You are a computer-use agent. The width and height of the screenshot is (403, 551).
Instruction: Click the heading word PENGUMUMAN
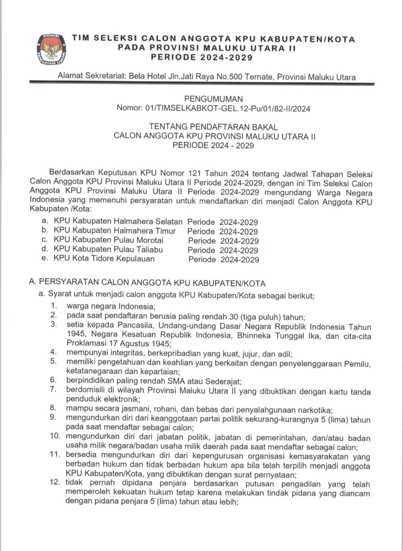pos(213,99)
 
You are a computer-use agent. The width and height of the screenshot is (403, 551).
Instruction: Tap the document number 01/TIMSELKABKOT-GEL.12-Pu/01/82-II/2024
pos(228,109)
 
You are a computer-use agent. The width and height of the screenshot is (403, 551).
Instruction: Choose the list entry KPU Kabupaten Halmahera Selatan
pos(118,222)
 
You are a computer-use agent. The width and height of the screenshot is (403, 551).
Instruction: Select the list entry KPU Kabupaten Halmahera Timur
pos(115,231)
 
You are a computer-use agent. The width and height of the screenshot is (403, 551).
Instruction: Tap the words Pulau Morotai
pos(140,240)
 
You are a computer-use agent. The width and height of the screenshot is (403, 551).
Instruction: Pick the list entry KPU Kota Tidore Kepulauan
pos(104,259)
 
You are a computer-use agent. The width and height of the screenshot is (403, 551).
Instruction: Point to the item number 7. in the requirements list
pos(53,389)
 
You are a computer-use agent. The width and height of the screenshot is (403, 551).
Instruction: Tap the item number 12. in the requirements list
pos(55,482)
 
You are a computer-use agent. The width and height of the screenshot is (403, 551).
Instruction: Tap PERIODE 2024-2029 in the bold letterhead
pos(202,57)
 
